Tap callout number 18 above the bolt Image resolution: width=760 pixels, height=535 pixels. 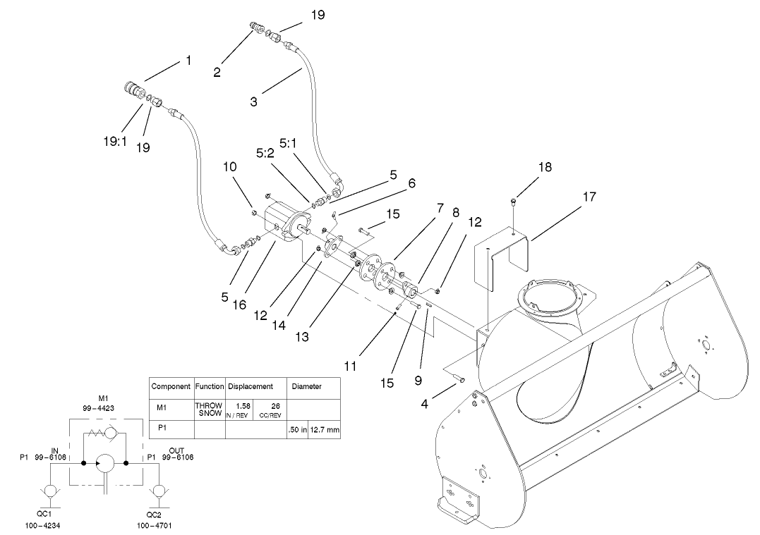pyautogui.click(x=544, y=168)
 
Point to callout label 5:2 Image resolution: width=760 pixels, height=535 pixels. pyautogui.click(x=265, y=152)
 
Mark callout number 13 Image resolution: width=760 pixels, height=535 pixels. pyautogui.click(x=302, y=338)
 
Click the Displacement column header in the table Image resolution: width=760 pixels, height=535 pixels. pyautogui.click(x=250, y=386)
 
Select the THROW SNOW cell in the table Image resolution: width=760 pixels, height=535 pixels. pyautogui.click(x=209, y=410)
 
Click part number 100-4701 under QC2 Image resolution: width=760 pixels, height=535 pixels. pyautogui.click(x=155, y=525)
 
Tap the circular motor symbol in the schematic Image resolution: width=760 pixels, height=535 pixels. pyautogui.click(x=106, y=464)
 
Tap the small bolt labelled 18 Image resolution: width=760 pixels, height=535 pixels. pyautogui.click(x=512, y=203)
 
